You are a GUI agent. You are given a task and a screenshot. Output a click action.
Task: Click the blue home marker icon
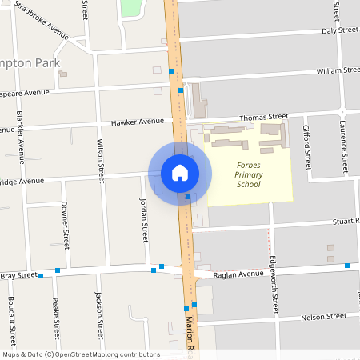pos(179,173)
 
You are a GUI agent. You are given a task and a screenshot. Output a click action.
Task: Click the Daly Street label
pos(340,30)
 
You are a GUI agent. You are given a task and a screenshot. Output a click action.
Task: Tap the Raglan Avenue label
pos(238,274)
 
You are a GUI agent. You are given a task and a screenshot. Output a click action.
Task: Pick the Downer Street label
pos(66,227)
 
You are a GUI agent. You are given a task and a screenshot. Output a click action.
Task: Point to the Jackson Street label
pos(99,316)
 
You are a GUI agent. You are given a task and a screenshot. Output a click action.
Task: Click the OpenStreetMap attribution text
pos(81,354)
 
